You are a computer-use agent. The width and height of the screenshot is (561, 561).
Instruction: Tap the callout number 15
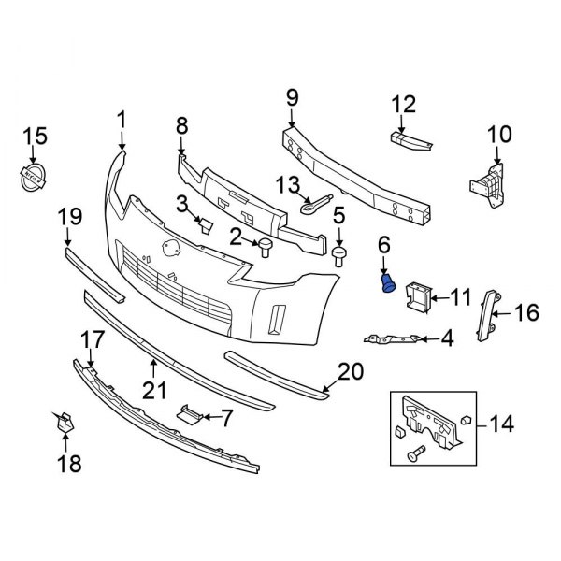[34, 137]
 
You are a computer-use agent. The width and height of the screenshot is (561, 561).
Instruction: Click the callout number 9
[292, 95]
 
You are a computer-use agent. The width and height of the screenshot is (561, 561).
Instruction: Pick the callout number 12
[402, 105]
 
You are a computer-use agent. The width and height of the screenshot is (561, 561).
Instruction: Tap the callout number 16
[526, 312]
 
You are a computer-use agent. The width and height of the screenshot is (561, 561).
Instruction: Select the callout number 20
[348, 371]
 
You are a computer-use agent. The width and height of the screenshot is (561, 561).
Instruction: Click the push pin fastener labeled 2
[265, 246]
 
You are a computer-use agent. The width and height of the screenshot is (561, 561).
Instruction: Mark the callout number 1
[121, 118]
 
